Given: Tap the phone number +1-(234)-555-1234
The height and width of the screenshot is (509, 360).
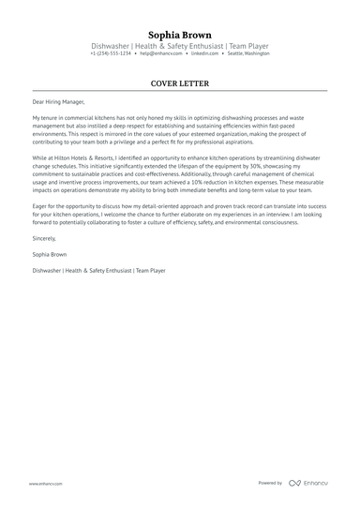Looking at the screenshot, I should click(x=111, y=53).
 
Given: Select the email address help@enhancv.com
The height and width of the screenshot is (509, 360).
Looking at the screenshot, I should click(x=161, y=53).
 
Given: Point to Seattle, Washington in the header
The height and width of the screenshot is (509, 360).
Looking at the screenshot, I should click(x=248, y=53).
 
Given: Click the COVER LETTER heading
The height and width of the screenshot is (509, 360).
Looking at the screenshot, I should click(x=180, y=83).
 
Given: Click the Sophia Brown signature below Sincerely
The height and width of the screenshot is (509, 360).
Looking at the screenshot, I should click(x=51, y=254).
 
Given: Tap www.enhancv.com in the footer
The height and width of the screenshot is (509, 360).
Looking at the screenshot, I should click(x=45, y=483).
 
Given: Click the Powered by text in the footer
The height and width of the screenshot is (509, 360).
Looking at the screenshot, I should click(x=270, y=483).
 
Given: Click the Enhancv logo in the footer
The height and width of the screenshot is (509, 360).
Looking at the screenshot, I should click(x=309, y=483).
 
